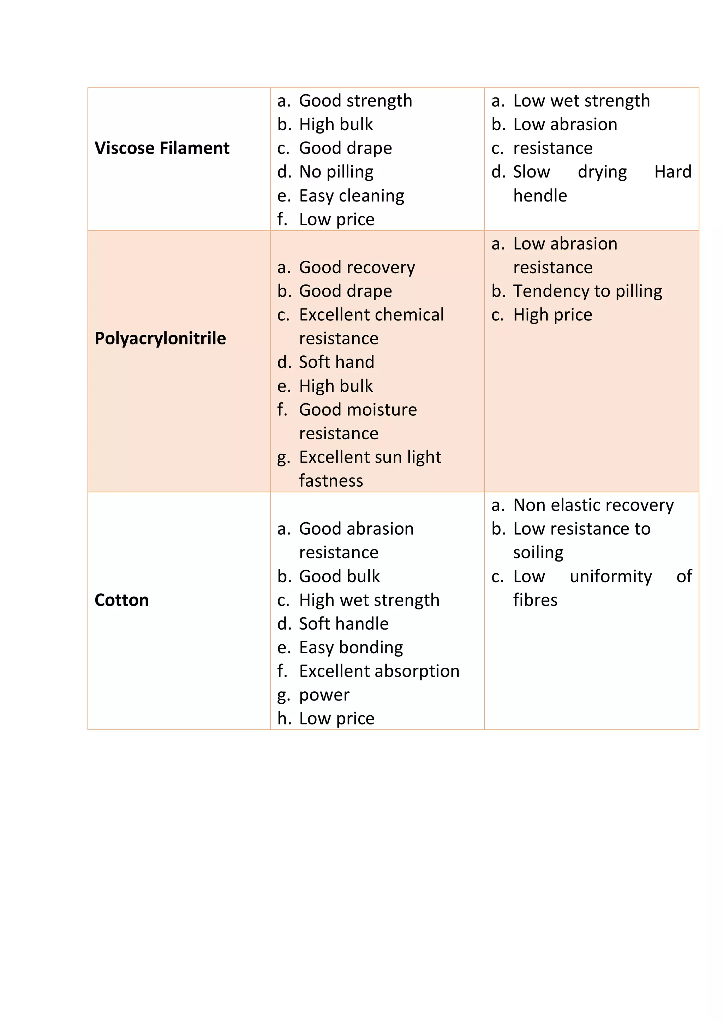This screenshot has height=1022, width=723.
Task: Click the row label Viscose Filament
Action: click(162, 148)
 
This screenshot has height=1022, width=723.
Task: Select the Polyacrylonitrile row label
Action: click(160, 339)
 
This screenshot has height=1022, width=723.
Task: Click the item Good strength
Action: click(355, 101)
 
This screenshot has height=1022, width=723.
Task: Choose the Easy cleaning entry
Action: click(351, 196)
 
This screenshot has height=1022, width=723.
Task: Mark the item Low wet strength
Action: click(581, 101)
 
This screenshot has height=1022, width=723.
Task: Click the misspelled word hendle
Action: click(540, 196)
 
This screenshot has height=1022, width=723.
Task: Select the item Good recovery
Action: click(357, 267)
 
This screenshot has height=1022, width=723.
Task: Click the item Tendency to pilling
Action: click(587, 291)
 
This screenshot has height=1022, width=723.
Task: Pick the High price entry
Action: click(552, 315)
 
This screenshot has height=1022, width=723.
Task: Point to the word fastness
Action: click(331, 481)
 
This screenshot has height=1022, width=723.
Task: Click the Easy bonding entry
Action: click(351, 648)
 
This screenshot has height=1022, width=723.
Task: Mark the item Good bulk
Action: click(339, 576)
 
